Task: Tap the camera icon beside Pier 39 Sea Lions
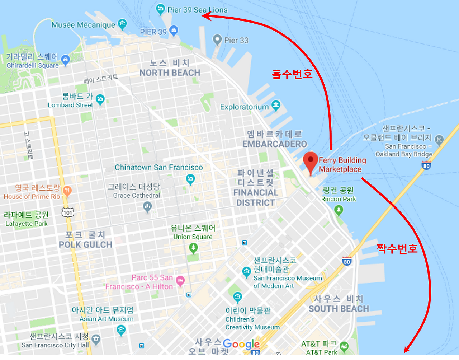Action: click(x=160, y=9)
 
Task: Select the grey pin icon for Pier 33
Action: click(x=217, y=39)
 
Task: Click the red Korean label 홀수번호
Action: click(x=292, y=74)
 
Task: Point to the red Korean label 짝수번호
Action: click(x=397, y=248)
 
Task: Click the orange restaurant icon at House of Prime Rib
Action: click(x=67, y=191)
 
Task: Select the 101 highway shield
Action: click(x=67, y=212)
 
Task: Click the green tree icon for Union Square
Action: click(x=193, y=247)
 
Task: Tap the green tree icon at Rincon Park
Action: click(x=338, y=210)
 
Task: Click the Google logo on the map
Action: click(x=241, y=345)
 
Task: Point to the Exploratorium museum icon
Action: click(x=275, y=105)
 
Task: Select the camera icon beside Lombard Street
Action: click(x=100, y=99)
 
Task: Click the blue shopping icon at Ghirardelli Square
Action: click(x=65, y=60)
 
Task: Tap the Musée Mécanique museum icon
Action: click(x=122, y=24)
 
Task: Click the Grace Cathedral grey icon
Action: click(x=147, y=206)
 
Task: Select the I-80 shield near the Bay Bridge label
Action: click(x=426, y=165)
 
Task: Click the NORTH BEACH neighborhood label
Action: click(x=170, y=73)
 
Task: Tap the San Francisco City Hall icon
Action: click(x=96, y=338)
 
